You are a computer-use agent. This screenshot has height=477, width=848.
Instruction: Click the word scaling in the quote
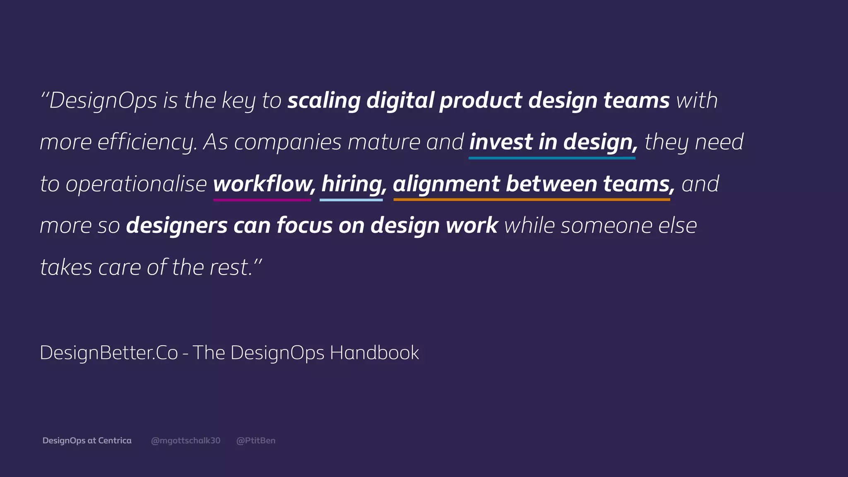click(x=324, y=101)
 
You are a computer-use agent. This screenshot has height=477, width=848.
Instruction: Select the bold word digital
click(x=400, y=101)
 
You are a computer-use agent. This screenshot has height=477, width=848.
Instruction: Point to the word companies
click(x=288, y=142)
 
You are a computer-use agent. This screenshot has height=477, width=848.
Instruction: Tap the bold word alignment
click(x=446, y=184)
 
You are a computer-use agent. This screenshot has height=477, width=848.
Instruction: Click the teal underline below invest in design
click(x=552, y=158)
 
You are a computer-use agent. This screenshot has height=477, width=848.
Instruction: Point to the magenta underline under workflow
click(x=262, y=200)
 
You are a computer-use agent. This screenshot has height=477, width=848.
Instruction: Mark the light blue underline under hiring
click(x=351, y=200)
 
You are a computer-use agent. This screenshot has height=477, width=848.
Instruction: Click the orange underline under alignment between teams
click(x=532, y=200)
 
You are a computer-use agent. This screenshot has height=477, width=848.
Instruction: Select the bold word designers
click(x=177, y=226)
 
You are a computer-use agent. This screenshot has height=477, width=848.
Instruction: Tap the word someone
click(x=606, y=226)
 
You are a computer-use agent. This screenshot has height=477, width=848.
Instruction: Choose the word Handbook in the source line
click(x=374, y=353)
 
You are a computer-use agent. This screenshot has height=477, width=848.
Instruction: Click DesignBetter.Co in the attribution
click(x=108, y=353)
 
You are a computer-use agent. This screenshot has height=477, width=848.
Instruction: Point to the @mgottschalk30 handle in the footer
click(x=185, y=441)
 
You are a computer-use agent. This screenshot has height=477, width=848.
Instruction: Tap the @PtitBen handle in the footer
click(x=255, y=441)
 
